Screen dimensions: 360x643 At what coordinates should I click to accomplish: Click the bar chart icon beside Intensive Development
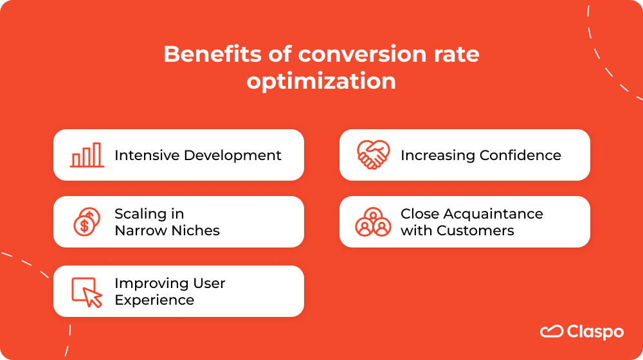point(86,155)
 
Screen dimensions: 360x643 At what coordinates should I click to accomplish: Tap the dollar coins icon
point(86,222)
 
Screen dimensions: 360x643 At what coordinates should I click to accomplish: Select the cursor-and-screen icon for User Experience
point(87,292)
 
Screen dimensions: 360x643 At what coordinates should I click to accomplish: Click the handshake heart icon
point(373,155)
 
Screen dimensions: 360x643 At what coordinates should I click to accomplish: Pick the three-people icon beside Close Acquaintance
point(373,222)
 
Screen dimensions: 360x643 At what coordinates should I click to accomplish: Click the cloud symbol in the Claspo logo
point(551,332)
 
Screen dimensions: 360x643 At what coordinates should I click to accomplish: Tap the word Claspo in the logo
point(595,332)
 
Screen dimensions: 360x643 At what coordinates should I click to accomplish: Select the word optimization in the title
point(321,82)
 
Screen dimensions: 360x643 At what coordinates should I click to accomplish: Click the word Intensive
point(147,155)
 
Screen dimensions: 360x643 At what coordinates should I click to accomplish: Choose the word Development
point(233,156)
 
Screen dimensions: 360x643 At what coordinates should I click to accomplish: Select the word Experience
point(154,300)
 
